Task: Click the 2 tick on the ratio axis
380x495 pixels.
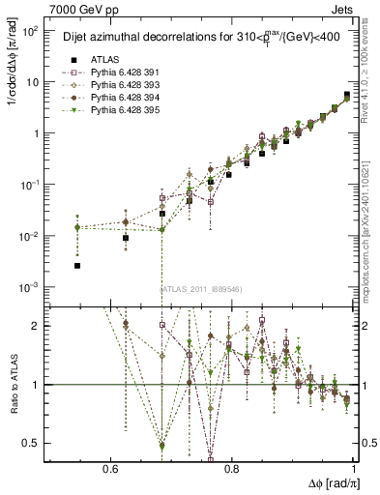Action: pos(37,326)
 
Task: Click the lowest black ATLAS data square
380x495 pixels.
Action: pos(77,265)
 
